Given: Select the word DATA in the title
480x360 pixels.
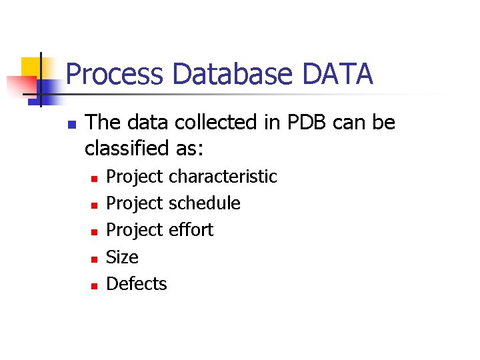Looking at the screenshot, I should click(x=337, y=75).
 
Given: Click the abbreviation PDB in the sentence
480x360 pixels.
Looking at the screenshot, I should click(x=304, y=123).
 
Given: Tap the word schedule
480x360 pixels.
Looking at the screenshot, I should click(x=205, y=203).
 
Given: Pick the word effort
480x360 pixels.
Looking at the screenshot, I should click(x=191, y=230).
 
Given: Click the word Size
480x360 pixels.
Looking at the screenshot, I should click(x=122, y=257).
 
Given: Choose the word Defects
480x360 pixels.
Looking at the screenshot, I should click(x=137, y=284).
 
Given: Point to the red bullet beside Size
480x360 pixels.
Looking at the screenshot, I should click(x=94, y=259).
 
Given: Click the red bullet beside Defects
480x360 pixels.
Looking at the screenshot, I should click(x=94, y=285).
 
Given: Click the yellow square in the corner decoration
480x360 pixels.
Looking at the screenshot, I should click(x=31, y=69).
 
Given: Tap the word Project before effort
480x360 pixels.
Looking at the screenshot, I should click(x=135, y=230).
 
